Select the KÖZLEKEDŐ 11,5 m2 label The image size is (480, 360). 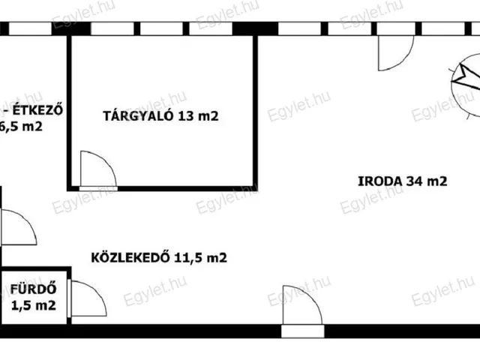coord(159,258)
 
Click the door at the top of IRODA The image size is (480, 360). coord(393,52)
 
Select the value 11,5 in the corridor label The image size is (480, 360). coord(190,258)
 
